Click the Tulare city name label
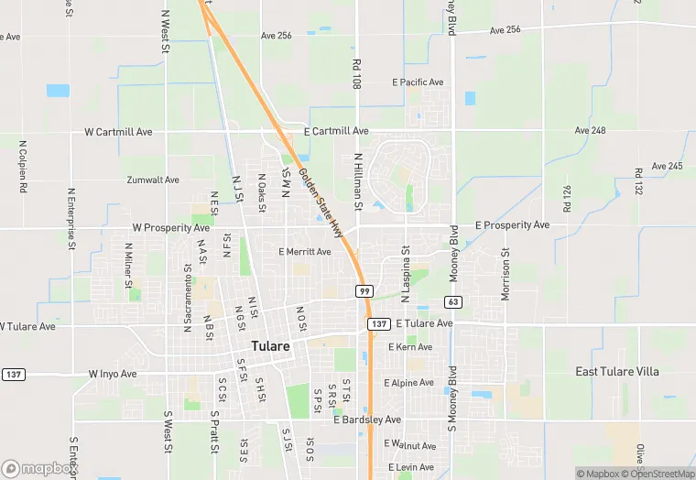tap(270, 346)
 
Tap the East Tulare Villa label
tap(616, 371)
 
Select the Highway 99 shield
tap(364, 290)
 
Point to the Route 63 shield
tap(452, 301)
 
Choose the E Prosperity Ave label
tap(513, 224)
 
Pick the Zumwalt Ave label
tap(153, 180)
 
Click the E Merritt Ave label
tap(304, 251)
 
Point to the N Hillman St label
tap(359, 181)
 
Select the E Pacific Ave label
tap(418, 82)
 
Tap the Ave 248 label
tap(591, 131)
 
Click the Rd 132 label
tap(638, 186)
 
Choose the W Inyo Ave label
tap(113, 374)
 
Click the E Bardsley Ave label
tap(367, 420)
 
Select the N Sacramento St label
tap(187, 299)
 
